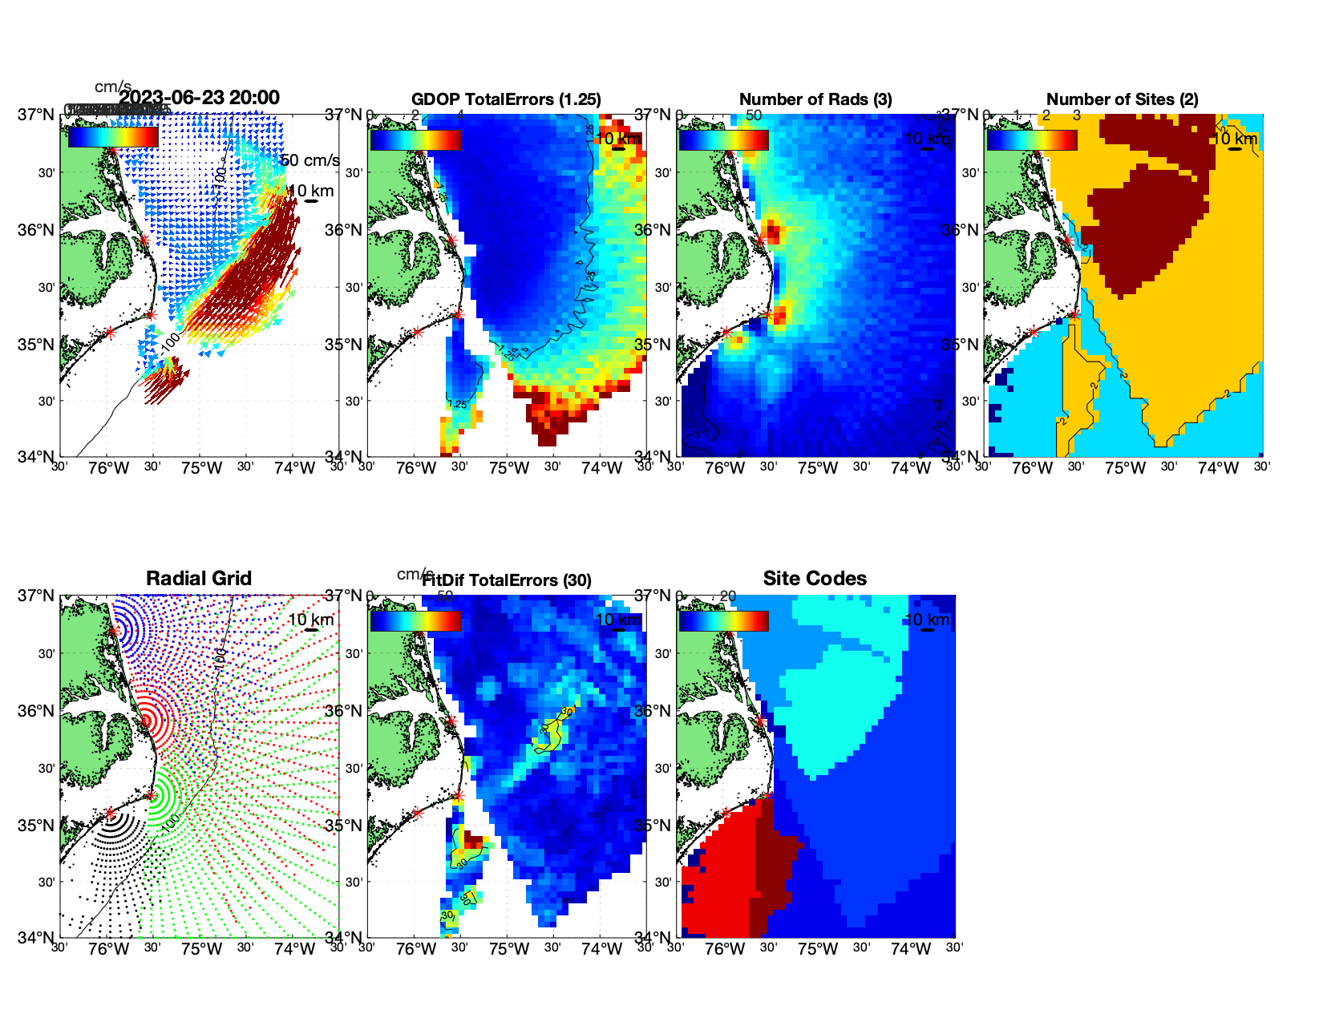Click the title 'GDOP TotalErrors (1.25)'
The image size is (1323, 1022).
pyautogui.click(x=506, y=99)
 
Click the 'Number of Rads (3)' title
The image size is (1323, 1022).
pyautogui.click(x=815, y=99)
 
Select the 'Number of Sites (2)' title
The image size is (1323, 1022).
pyautogui.click(x=1123, y=99)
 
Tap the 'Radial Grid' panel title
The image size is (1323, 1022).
pyautogui.click(x=199, y=579)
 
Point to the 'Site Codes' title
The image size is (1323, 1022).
pyautogui.click(x=815, y=579)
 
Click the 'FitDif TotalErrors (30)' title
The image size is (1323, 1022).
pyautogui.click(x=507, y=580)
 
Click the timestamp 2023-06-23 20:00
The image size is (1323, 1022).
pyautogui.click(x=199, y=98)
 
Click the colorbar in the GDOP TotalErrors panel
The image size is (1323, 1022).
pyautogui.click(x=415, y=139)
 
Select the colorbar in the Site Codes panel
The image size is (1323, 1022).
pyautogui.click(x=723, y=621)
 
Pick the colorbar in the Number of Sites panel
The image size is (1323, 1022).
pyautogui.click(x=1032, y=139)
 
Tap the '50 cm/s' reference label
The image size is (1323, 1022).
pyautogui.click(x=310, y=160)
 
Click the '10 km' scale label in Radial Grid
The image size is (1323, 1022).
pyautogui.click(x=310, y=620)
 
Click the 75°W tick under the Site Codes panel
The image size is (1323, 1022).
pyautogui.click(x=817, y=950)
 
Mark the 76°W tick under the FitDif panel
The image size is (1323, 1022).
pyautogui.click(x=416, y=950)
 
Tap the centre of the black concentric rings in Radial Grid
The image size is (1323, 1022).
pyautogui.click(x=110, y=813)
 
